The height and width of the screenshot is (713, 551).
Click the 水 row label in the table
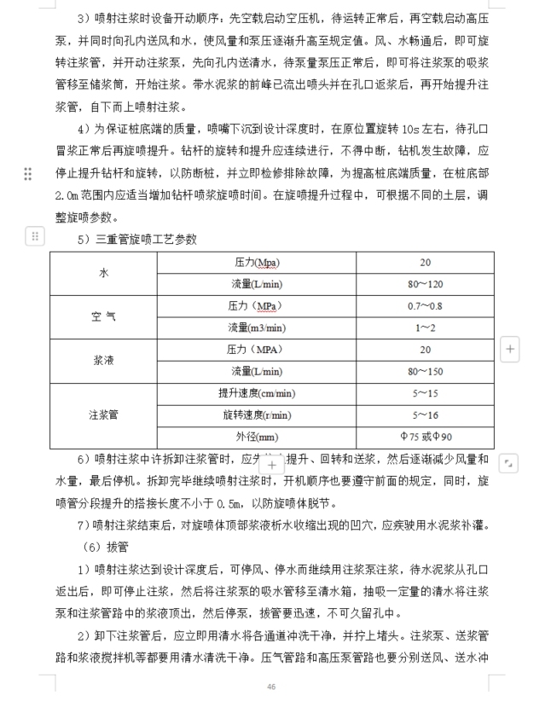click(103, 273)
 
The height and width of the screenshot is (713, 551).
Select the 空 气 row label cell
click(103, 316)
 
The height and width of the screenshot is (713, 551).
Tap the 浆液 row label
click(103, 361)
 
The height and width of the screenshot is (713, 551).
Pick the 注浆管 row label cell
click(103, 415)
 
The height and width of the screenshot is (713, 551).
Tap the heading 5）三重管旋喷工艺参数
click(136, 240)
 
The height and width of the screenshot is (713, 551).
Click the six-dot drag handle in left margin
click(28, 174)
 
